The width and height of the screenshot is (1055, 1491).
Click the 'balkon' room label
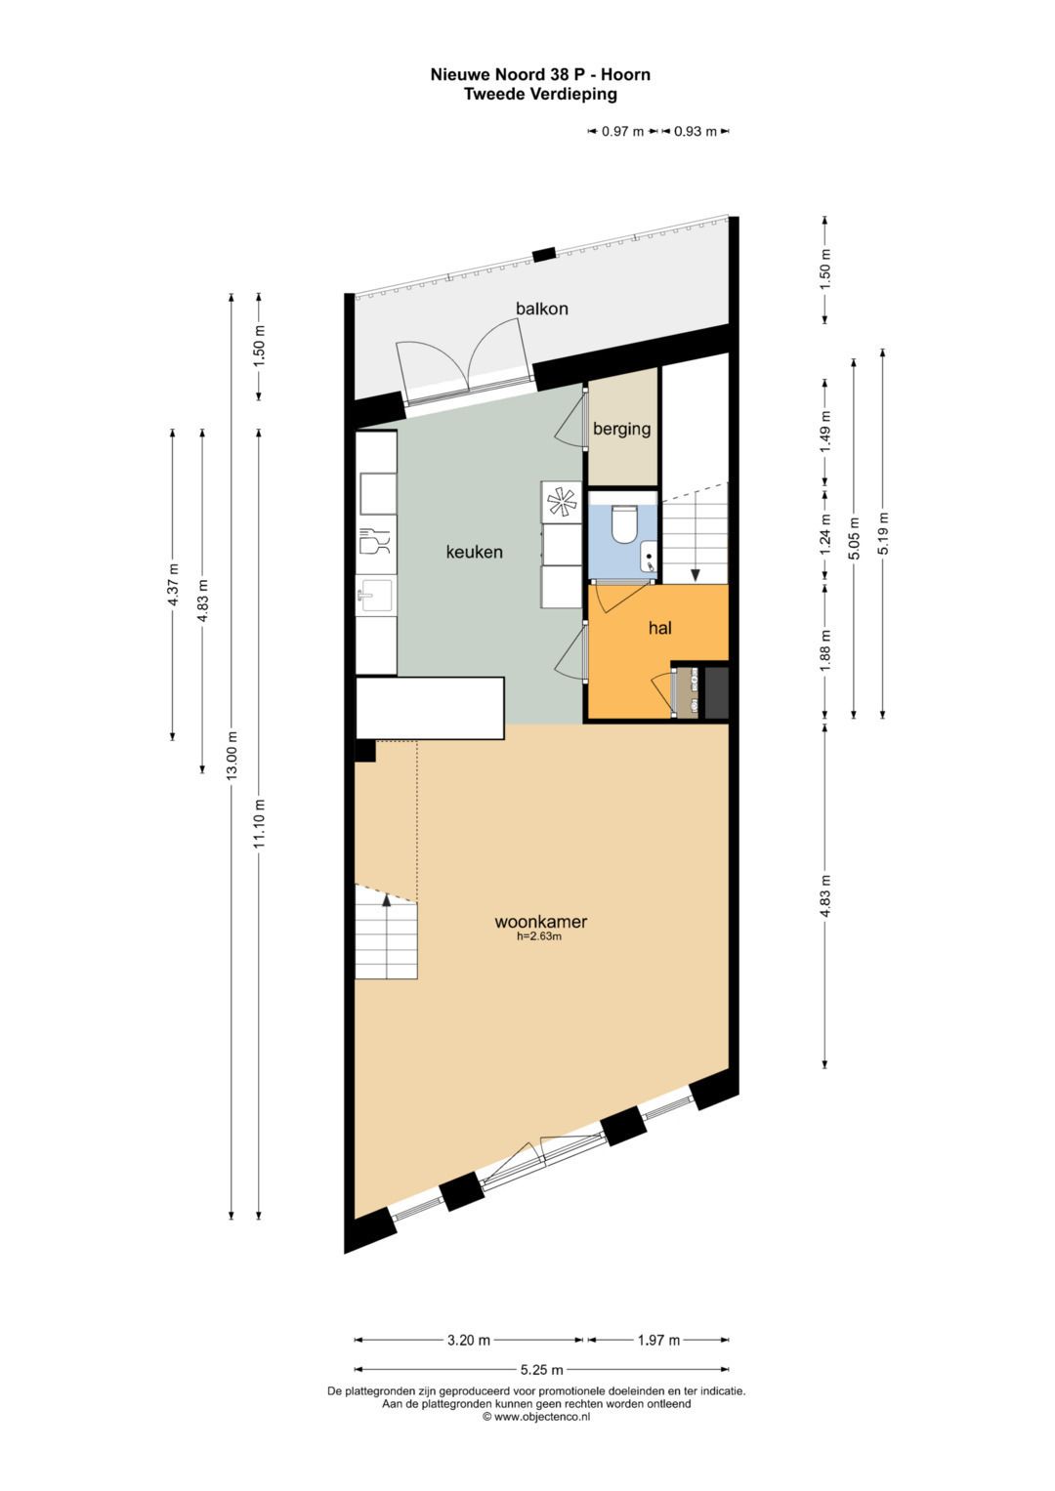(x=541, y=309)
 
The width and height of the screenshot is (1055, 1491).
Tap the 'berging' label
(x=621, y=429)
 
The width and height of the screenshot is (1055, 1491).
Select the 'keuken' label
(x=474, y=552)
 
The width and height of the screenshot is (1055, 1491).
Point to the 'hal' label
(x=659, y=628)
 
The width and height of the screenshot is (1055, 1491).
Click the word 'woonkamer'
(x=540, y=921)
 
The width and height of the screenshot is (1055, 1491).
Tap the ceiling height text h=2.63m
(x=539, y=936)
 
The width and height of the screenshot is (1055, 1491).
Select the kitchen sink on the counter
(x=374, y=595)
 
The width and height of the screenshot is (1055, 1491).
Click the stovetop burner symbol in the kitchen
(x=561, y=502)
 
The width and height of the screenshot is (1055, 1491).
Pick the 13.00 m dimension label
(x=232, y=756)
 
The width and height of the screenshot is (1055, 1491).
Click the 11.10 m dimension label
(x=259, y=824)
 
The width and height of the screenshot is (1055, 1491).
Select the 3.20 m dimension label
(x=468, y=1340)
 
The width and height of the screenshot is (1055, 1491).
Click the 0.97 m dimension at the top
(x=622, y=132)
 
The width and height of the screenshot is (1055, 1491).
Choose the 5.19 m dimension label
(x=883, y=533)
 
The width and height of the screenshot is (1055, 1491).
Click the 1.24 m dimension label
(x=825, y=535)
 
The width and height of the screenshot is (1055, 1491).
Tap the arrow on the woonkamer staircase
(x=387, y=900)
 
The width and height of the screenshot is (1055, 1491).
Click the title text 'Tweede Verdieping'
(x=540, y=94)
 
